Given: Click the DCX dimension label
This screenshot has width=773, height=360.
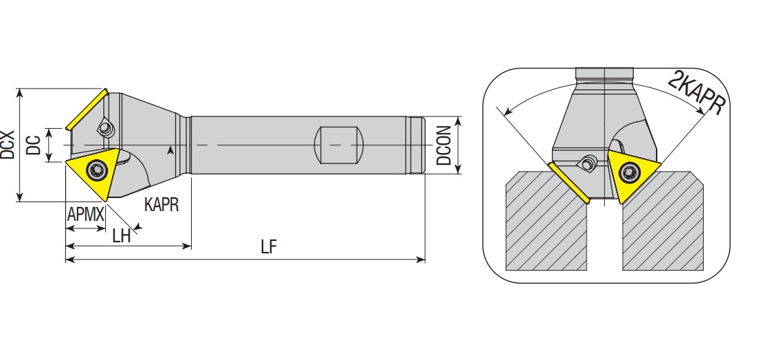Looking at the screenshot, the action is click(x=8, y=145).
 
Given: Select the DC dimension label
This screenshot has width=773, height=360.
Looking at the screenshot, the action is click(x=33, y=145).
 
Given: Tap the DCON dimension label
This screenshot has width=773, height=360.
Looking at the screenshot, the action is click(x=444, y=145).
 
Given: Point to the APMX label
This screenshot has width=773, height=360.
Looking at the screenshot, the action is click(x=86, y=215).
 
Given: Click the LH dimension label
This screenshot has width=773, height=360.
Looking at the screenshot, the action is click(x=121, y=236).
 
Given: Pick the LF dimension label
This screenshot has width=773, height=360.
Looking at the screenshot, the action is click(x=269, y=247).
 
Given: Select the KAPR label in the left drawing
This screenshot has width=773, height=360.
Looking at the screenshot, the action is click(x=161, y=204).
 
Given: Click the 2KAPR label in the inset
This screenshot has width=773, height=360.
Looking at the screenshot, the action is click(x=697, y=93).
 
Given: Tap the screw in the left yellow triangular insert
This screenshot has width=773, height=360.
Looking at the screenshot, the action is click(x=97, y=170).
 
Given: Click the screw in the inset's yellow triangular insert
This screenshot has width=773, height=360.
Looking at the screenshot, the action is click(x=629, y=172).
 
